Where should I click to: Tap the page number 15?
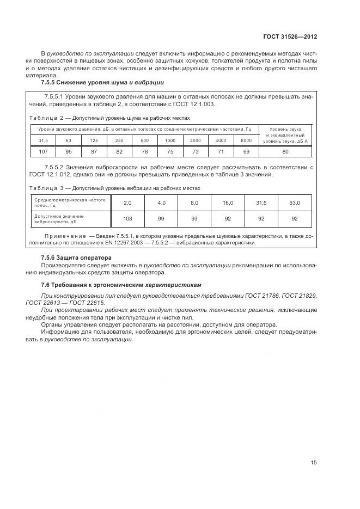[314, 463]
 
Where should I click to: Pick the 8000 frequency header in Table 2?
[246, 140]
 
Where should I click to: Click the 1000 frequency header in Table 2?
[170, 140]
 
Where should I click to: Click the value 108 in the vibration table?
[127, 218]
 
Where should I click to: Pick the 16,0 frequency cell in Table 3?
[227, 203]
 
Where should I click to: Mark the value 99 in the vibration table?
[161, 218]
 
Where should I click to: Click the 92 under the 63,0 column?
[295, 218]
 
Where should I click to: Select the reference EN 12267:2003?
[126, 243]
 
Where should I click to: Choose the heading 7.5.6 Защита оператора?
[76, 257]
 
